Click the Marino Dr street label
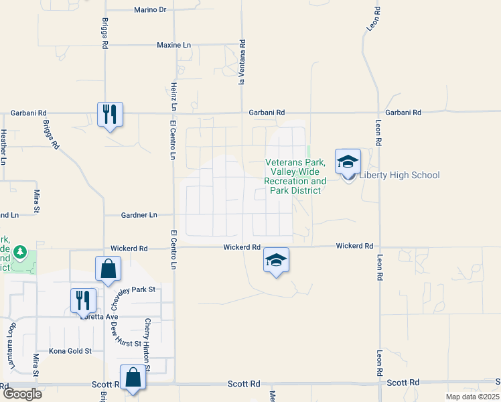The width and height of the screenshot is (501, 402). click(150, 10)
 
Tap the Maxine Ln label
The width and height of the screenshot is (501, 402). click(173, 45)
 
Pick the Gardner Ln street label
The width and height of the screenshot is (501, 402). click(139, 215)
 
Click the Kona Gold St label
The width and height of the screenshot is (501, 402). click(70, 350)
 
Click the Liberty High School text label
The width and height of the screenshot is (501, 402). click(400, 176)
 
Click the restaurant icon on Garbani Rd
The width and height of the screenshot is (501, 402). click(109, 115)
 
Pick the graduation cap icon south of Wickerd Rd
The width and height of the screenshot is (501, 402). click(276, 260)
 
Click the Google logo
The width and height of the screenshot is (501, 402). click(21, 393)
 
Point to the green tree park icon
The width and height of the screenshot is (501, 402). click(21, 252)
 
